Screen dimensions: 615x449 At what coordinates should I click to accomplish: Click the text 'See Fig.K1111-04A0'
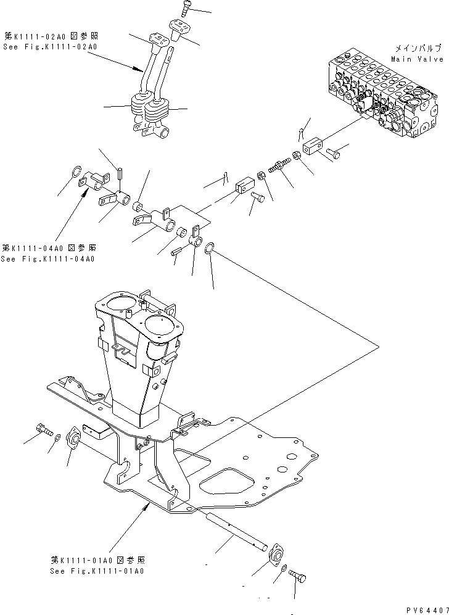tap(48, 258)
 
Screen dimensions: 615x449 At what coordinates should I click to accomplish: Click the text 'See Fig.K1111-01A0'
tap(99, 571)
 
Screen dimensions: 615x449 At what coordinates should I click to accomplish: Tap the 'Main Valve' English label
tap(417, 59)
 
